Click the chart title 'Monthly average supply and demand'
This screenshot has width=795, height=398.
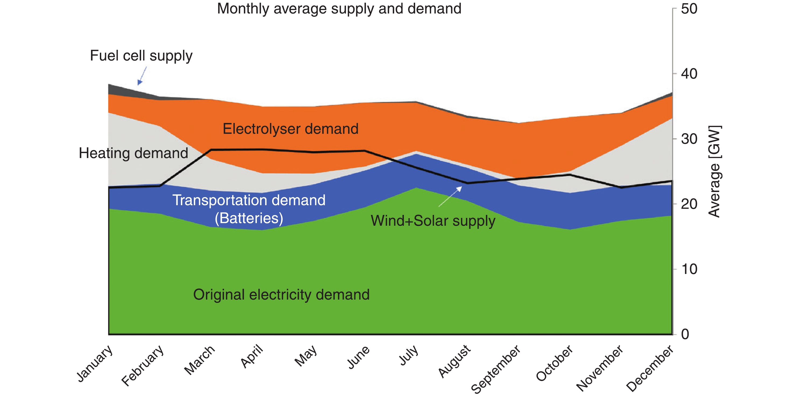pyautogui.click(x=339, y=9)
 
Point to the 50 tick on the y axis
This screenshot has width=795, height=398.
pyautogui.click(x=689, y=9)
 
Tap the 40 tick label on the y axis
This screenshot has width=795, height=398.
pyautogui.click(x=689, y=74)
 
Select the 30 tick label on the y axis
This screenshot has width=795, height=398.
pyautogui.click(x=689, y=139)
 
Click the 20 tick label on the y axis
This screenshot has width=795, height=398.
pyautogui.click(x=689, y=204)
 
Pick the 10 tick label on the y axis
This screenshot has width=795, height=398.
pyautogui.click(x=689, y=269)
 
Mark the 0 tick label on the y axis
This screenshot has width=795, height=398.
pyautogui.click(x=685, y=334)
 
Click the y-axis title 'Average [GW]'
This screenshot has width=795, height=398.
pyautogui.click(x=714, y=171)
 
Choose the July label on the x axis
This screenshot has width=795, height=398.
pyautogui.click(x=409, y=355)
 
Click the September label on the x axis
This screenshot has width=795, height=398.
pyautogui.click(x=496, y=369)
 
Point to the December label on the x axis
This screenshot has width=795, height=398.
pyautogui.click(x=650, y=368)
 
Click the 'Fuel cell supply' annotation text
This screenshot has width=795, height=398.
pyautogui.click(x=141, y=56)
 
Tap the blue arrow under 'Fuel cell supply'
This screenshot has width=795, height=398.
pyautogui.click(x=142, y=76)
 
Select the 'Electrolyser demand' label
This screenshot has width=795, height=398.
pyautogui.click(x=290, y=129)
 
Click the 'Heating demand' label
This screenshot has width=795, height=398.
pyautogui.click(x=133, y=153)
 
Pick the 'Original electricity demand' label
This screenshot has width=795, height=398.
pyautogui.click(x=281, y=295)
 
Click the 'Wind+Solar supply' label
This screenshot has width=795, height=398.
pyautogui.click(x=433, y=221)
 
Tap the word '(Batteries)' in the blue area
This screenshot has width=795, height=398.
pyautogui.click(x=249, y=218)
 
